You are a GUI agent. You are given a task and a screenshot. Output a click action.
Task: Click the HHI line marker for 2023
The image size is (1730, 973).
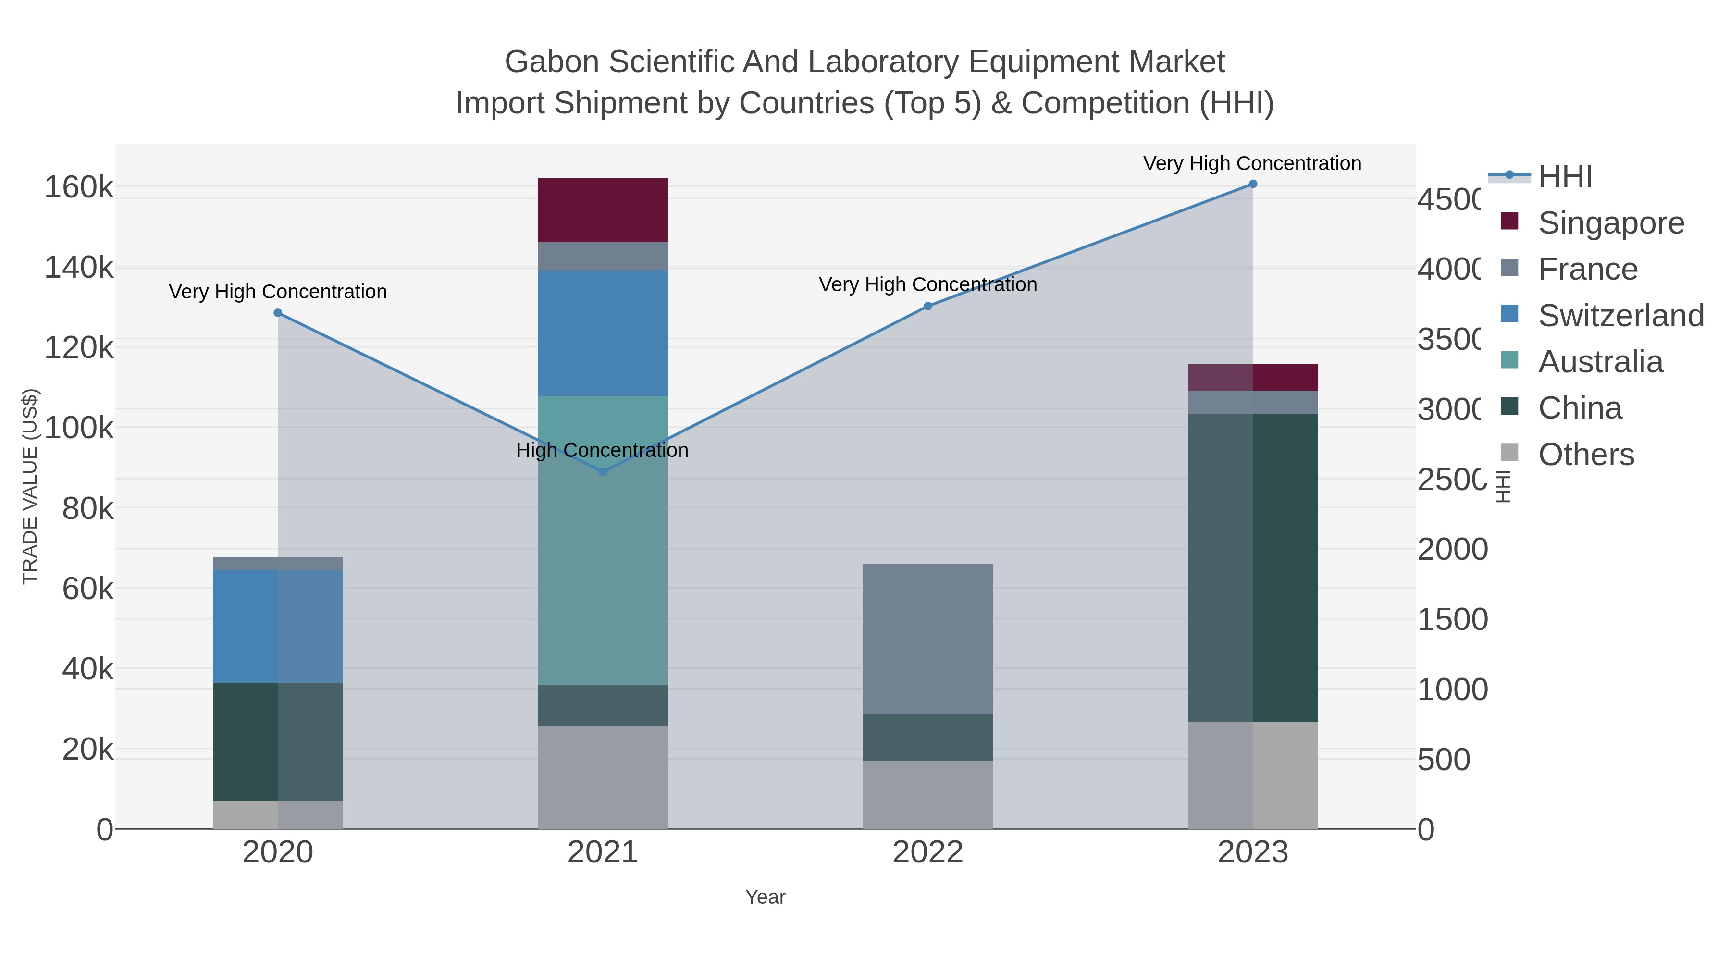click(1252, 184)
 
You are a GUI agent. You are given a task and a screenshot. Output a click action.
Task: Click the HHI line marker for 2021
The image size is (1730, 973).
click(603, 472)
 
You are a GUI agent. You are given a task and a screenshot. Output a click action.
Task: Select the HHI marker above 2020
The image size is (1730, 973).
click(278, 313)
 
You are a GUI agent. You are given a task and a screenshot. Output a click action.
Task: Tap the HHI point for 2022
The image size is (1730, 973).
click(927, 306)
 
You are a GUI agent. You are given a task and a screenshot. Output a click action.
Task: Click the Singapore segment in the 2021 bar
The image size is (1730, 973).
click(603, 210)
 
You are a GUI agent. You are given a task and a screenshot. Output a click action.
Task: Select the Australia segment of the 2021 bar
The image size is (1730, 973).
click(603, 540)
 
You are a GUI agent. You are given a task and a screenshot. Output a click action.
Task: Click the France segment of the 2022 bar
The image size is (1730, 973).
click(927, 639)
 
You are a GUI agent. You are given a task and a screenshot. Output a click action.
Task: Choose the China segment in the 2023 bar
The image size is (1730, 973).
click(1252, 567)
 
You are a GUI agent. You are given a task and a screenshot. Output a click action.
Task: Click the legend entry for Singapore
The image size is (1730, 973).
click(1610, 223)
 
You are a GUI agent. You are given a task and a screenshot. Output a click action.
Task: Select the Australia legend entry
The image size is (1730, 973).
click(1600, 362)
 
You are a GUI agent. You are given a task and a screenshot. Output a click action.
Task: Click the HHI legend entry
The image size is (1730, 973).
click(1565, 177)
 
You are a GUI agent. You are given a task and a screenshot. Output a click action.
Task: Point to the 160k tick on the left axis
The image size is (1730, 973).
click(79, 187)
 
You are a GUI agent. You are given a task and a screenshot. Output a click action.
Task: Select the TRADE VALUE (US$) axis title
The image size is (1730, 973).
click(30, 486)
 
